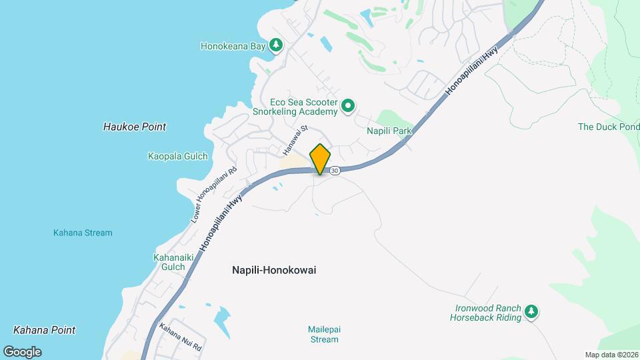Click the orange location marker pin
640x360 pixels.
[x=321, y=159]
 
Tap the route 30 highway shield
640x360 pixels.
[x=335, y=171]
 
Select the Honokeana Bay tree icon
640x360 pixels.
[x=276, y=45]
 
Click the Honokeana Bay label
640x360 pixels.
[x=233, y=47]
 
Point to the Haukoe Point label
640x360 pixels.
[x=135, y=127]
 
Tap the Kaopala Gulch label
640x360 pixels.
[x=177, y=157]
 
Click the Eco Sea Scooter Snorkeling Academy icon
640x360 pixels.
[x=348, y=106]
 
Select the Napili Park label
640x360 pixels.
[x=389, y=131]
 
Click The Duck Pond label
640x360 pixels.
[x=608, y=127]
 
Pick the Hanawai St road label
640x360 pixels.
[x=297, y=137]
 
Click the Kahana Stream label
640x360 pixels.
[x=83, y=233]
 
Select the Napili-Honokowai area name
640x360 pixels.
[x=274, y=270]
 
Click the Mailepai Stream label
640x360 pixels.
[x=323, y=334]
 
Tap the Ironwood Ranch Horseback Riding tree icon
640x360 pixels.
[x=531, y=311]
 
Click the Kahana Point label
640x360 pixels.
[x=44, y=330]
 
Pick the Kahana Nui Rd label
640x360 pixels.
[x=179, y=337]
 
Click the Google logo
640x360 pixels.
[x=22, y=351]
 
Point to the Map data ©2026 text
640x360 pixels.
[x=610, y=355]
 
